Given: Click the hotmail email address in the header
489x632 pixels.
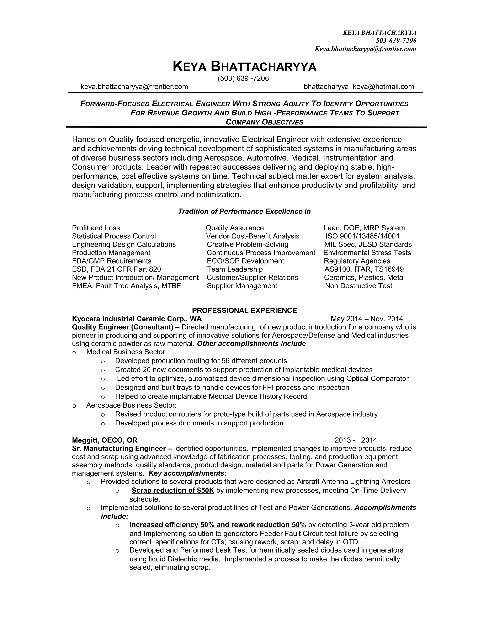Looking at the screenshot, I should pos(359,87).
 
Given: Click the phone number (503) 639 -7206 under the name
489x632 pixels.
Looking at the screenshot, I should pos(243,78).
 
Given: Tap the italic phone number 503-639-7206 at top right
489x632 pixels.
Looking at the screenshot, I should pos(396,41).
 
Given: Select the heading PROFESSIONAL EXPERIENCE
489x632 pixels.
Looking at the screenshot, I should pos(244,311).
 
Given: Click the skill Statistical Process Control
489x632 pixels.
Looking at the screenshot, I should pos(114,236).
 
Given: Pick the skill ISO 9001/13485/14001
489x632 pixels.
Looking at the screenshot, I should pos(362,236).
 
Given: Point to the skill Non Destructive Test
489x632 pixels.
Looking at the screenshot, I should pos(358,286).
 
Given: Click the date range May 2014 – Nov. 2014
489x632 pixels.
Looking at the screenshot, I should pos(367,319).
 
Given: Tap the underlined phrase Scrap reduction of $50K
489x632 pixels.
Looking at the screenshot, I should pos(173,491).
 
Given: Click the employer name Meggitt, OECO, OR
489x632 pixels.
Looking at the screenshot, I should pos(105,440).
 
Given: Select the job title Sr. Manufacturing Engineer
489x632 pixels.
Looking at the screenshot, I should pos(119,449).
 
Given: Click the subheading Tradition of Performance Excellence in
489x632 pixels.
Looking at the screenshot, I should pos(244,212).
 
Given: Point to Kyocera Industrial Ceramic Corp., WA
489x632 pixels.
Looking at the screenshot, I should pos(137,319).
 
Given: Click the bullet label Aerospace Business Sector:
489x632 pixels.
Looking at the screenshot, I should pos(131,405).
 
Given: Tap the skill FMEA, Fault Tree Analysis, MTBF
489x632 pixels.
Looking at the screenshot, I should pos(126,286).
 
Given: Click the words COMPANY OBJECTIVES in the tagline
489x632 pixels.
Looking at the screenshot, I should pos(264,122).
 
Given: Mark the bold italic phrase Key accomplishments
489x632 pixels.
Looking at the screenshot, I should pos(186,473).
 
